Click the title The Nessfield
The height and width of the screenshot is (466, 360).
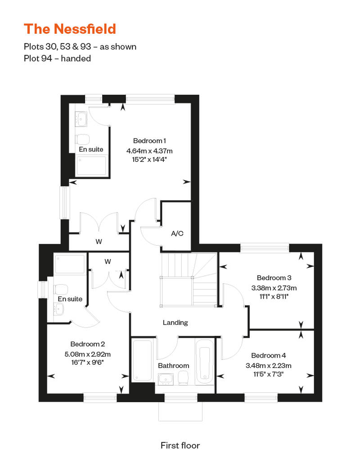(x=70, y=29)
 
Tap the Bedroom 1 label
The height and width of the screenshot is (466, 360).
(x=149, y=141)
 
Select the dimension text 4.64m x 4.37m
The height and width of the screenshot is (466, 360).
(x=149, y=151)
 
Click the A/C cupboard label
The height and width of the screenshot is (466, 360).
(x=177, y=233)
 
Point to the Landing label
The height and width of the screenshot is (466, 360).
(x=175, y=323)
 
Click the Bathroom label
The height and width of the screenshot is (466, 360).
(x=173, y=366)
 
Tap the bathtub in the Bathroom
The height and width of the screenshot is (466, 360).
(x=205, y=361)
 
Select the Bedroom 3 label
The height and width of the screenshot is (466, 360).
(x=274, y=278)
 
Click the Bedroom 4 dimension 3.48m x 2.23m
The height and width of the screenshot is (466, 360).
(x=269, y=366)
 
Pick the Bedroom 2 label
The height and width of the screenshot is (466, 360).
(x=88, y=344)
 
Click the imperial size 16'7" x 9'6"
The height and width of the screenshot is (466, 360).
(x=87, y=362)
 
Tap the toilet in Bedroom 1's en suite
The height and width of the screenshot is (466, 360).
(x=83, y=139)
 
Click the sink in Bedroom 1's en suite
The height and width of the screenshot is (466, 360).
(x=81, y=119)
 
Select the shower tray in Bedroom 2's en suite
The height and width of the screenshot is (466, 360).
(x=70, y=264)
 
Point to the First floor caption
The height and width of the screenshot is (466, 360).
(x=180, y=445)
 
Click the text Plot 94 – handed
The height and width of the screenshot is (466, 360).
(x=57, y=58)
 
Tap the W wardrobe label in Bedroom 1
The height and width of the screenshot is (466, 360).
(x=99, y=242)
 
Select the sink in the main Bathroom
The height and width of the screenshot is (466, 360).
(x=166, y=379)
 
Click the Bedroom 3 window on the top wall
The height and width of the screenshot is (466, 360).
(x=265, y=248)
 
